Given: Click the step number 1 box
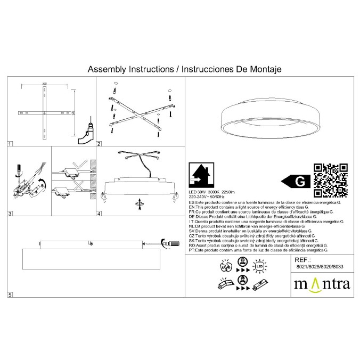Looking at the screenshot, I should coord(10,144).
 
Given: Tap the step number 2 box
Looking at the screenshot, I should coord(99,144).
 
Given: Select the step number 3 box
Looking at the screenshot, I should coord(10,214).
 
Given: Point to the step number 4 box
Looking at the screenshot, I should coord(99,214).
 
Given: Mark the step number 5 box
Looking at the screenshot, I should coord(10,294).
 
